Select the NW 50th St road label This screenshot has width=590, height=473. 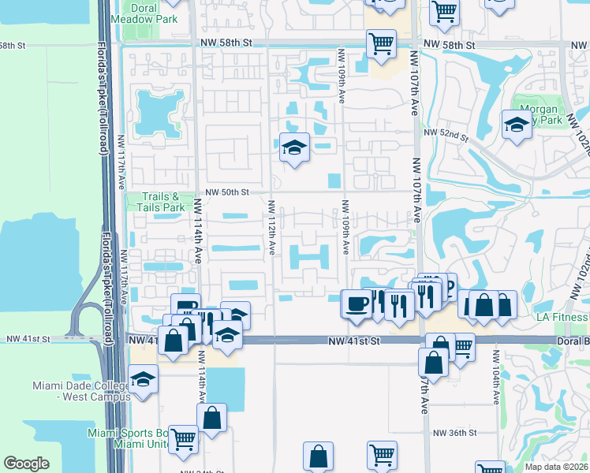pyautogui.click(x=227, y=192)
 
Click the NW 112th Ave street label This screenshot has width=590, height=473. pyautogui.click(x=271, y=227)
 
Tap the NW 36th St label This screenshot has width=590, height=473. pyautogui.click(x=455, y=433)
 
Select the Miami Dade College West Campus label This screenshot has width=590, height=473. pyautogui.click(x=81, y=391)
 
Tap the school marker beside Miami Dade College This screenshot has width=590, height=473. pyautogui.click(x=143, y=380)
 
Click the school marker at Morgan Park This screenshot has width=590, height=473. pyautogui.click(x=517, y=125)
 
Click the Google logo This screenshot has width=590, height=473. pyautogui.click(x=27, y=464)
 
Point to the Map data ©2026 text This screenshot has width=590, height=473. pyautogui.click(x=556, y=467)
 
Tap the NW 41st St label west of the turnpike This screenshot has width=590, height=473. pyautogui.click(x=28, y=339)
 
